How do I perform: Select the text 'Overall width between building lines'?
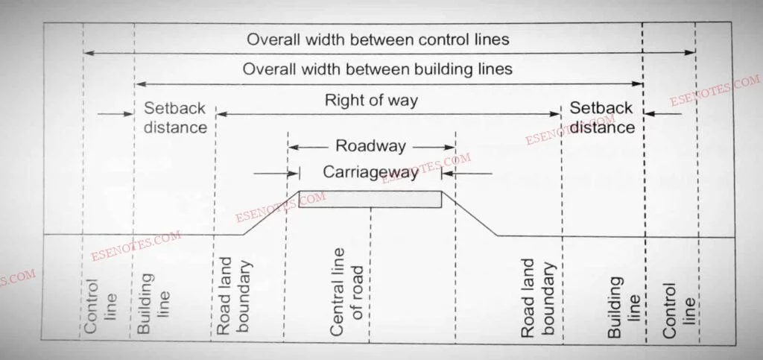point(378,69)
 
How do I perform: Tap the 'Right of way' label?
point(371,100)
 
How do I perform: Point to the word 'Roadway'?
point(371,145)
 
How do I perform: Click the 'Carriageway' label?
point(370,173)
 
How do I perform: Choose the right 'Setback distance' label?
point(602,117)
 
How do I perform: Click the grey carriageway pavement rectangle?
point(370,199)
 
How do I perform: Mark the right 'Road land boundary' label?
point(536,297)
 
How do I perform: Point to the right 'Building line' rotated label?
point(624,306)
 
